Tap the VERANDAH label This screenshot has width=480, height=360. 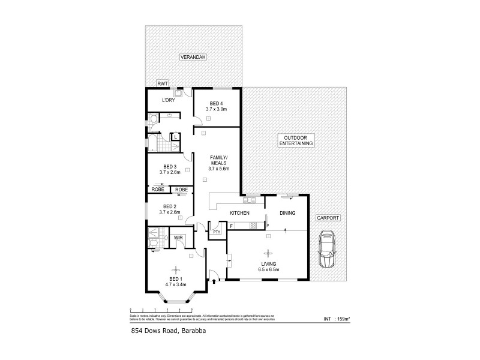pos(194,57)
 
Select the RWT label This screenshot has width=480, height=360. pos(162,84)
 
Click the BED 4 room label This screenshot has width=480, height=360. pos(217,103)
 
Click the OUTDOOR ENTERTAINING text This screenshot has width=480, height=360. pos(295,141)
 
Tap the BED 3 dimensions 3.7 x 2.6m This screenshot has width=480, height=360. pos(170,173)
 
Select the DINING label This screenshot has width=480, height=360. pos(287,213)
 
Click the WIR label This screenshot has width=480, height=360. pos(178,238)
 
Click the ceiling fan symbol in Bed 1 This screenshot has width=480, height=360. pos(175,269)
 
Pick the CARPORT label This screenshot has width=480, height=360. pos(328,217)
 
